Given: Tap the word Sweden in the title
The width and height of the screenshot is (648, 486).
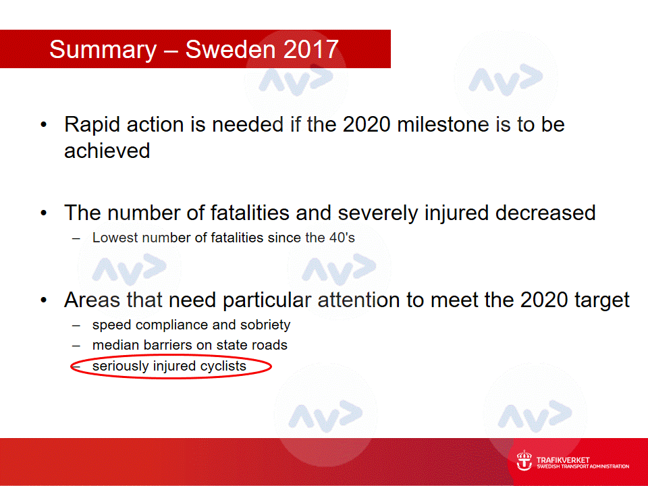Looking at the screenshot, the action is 231,49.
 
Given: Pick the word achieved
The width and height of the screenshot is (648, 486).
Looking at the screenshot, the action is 107,151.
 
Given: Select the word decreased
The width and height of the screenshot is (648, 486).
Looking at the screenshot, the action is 545,213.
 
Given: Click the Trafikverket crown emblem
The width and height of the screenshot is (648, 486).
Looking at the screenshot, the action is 524,460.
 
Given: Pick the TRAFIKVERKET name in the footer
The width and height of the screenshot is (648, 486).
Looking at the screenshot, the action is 563,460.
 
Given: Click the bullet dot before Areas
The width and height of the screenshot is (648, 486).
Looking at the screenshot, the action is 44,300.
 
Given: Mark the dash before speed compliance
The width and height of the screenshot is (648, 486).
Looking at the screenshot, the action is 76,325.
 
